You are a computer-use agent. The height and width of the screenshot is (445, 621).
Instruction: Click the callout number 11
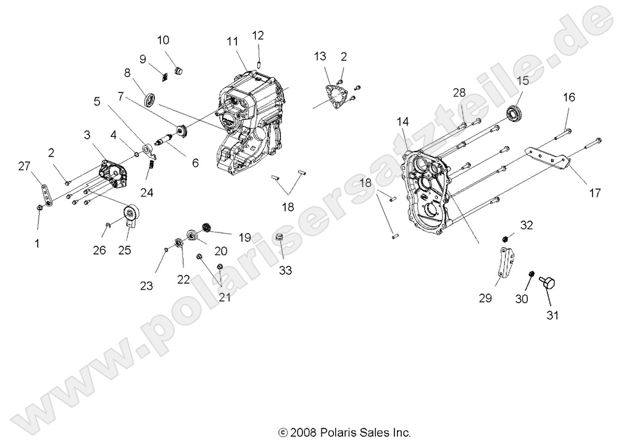coord(232,42)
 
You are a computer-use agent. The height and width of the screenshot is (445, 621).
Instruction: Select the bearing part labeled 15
coord(514,113)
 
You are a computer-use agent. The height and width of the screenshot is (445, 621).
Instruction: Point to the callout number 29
coord(485,298)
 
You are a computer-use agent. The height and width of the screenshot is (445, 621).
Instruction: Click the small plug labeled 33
coord(280,239)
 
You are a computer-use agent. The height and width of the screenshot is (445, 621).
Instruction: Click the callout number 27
coord(24,166)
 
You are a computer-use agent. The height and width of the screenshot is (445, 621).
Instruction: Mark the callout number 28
coord(459,93)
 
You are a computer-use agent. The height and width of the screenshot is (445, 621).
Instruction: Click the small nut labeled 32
coord(504,238)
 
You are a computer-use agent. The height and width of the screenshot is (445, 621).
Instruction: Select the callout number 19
coord(245,236)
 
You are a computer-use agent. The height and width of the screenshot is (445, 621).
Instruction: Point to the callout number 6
coord(195,163)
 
